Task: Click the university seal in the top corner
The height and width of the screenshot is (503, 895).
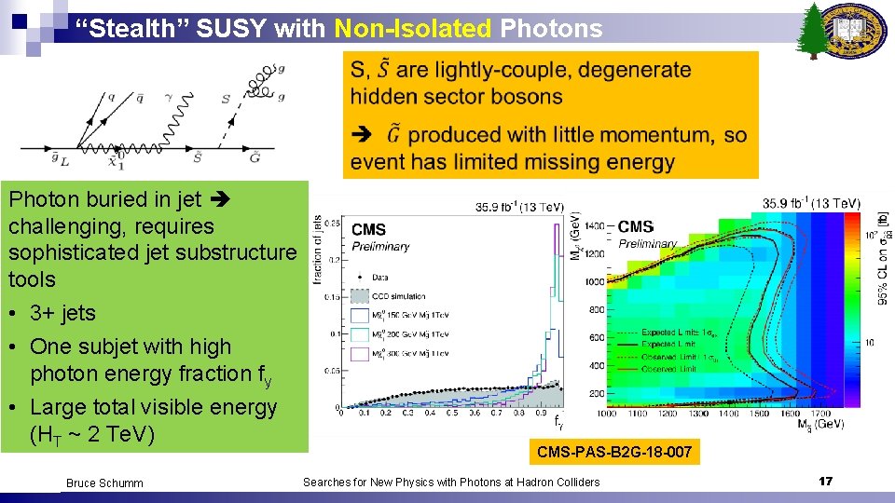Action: click(x=858, y=31)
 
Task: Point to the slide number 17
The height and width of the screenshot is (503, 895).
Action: click(x=824, y=481)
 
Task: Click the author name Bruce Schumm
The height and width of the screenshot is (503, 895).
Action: click(x=104, y=483)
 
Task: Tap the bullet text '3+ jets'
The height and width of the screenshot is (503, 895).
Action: click(x=62, y=313)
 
